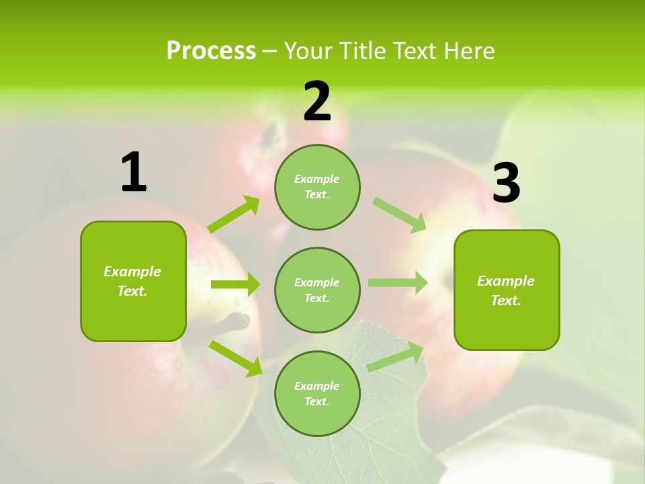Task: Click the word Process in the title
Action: [211, 50]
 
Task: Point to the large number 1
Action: [134, 173]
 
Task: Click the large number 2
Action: [317, 102]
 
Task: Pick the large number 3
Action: [506, 184]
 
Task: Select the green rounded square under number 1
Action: [133, 281]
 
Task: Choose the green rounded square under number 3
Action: [507, 290]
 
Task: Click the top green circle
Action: [317, 187]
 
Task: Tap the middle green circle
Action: [317, 290]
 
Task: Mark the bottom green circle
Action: [317, 394]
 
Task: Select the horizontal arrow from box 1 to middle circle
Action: [235, 284]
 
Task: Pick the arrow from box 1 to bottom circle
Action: [235, 358]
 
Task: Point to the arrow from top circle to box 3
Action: [399, 214]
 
